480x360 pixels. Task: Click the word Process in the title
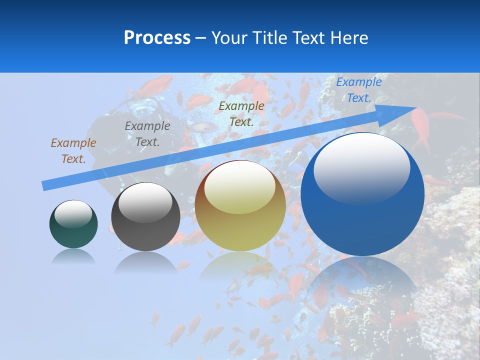click(157, 37)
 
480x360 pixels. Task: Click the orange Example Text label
click(73, 151)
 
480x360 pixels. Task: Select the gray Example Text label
click(147, 134)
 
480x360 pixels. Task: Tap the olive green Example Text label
click(241, 113)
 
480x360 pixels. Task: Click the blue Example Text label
click(358, 90)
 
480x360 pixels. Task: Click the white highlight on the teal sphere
click(73, 213)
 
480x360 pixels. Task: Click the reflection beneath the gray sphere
click(145, 262)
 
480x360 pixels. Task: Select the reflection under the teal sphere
click(73, 256)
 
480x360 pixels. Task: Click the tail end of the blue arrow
click(46, 185)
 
